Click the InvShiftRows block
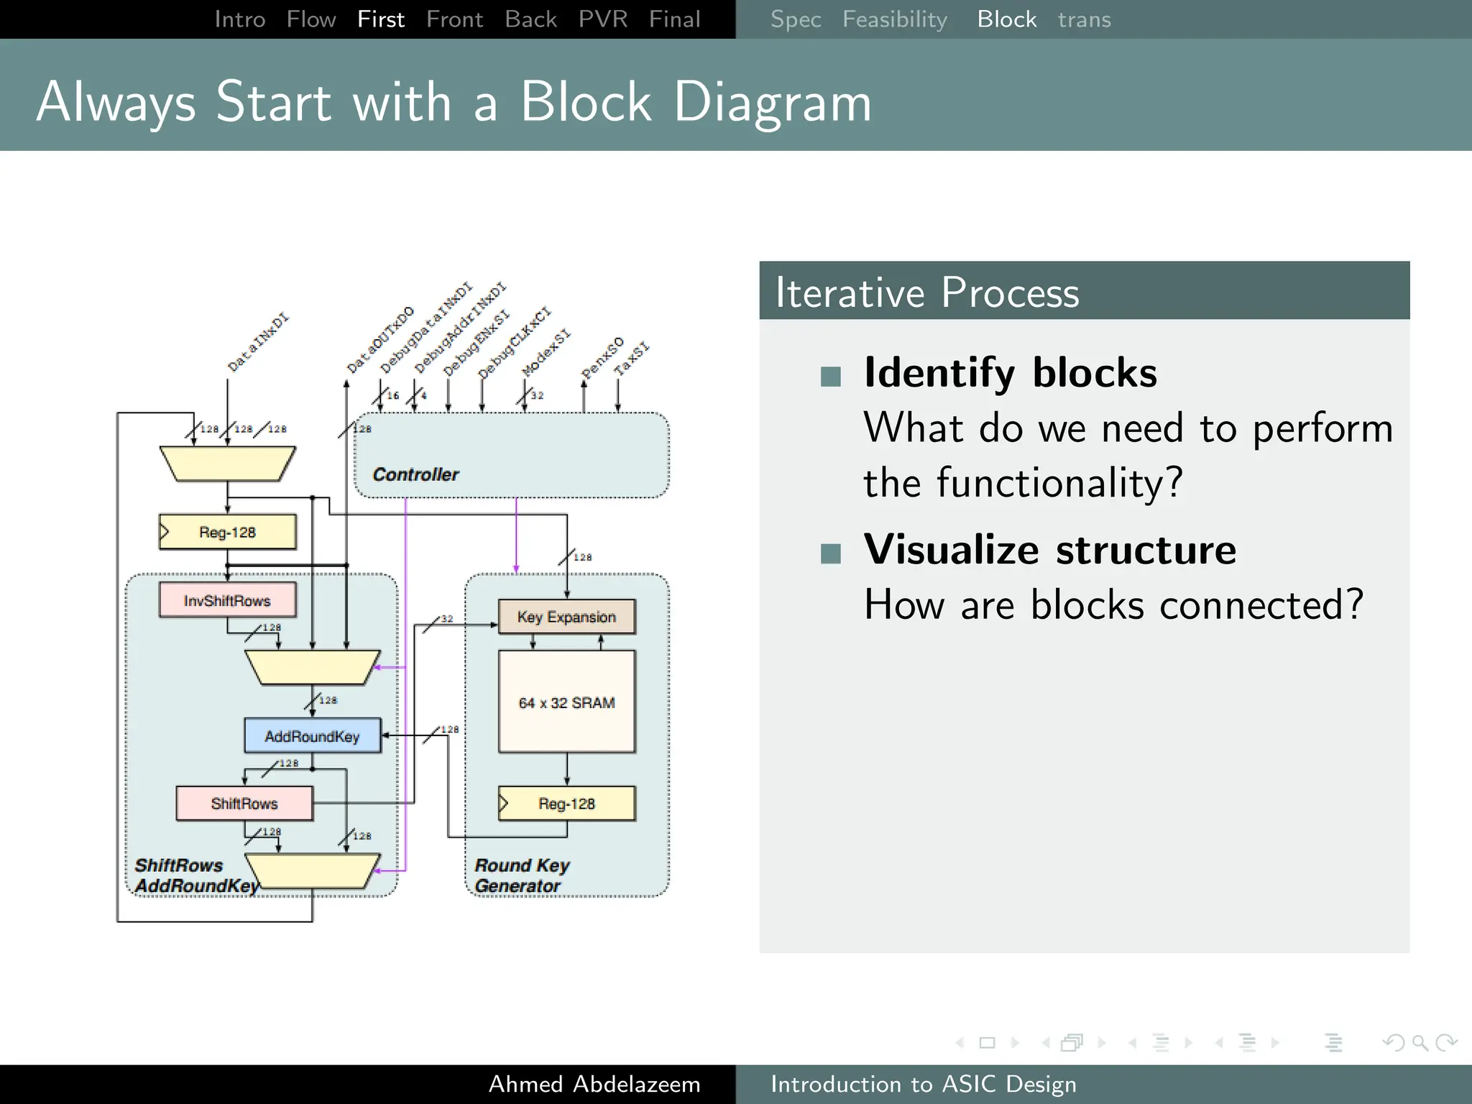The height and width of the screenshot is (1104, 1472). click(x=227, y=600)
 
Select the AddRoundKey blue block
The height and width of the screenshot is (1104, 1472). click(x=312, y=736)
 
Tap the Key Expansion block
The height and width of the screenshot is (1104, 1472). click(x=566, y=617)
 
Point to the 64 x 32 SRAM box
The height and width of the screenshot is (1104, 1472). click(x=566, y=702)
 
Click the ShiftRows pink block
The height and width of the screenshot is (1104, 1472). click(x=244, y=803)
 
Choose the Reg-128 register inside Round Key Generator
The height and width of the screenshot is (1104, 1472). click(x=566, y=803)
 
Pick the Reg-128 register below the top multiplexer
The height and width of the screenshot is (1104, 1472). click(x=227, y=532)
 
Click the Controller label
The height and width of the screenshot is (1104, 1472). click(x=415, y=474)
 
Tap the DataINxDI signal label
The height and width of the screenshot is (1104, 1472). click(x=257, y=343)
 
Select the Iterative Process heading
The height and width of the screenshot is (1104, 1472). click(x=927, y=293)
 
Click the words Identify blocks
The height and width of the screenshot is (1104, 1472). click(x=1010, y=373)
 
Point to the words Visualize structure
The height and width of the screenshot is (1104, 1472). click(x=1049, y=550)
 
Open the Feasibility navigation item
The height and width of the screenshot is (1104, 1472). click(x=894, y=19)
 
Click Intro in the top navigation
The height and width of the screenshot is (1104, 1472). click(x=240, y=19)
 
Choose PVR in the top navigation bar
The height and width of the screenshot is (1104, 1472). click(x=602, y=19)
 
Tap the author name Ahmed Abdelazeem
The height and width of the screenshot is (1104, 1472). click(x=594, y=1084)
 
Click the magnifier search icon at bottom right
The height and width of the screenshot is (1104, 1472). click(x=1420, y=1042)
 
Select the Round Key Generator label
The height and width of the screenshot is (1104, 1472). click(x=522, y=875)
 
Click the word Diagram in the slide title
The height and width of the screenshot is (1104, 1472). click(x=773, y=102)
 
